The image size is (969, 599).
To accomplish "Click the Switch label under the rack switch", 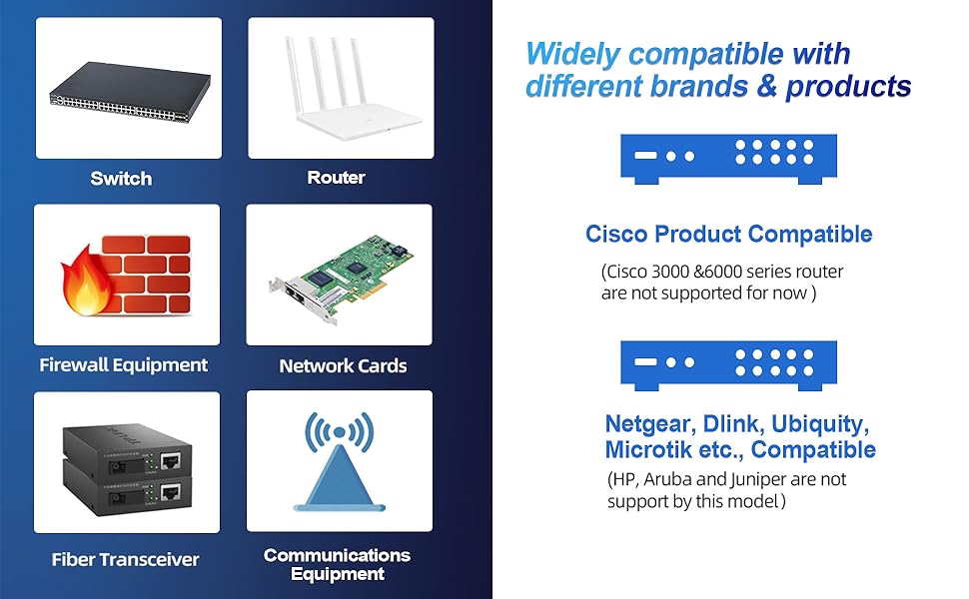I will (x=121, y=179).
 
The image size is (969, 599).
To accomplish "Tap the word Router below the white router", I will (x=336, y=178).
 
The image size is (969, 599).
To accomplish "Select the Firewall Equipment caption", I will (x=124, y=365).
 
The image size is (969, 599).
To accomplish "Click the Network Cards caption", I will (x=343, y=366).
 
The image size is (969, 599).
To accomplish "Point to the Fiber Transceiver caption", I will (x=125, y=560).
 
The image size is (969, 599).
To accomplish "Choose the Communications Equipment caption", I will (x=337, y=564).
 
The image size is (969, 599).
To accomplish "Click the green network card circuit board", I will (x=345, y=283).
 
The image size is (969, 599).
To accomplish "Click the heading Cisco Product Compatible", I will (x=728, y=235).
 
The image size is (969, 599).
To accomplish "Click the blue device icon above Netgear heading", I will (x=728, y=366).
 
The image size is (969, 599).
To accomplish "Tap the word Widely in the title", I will (x=574, y=53).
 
